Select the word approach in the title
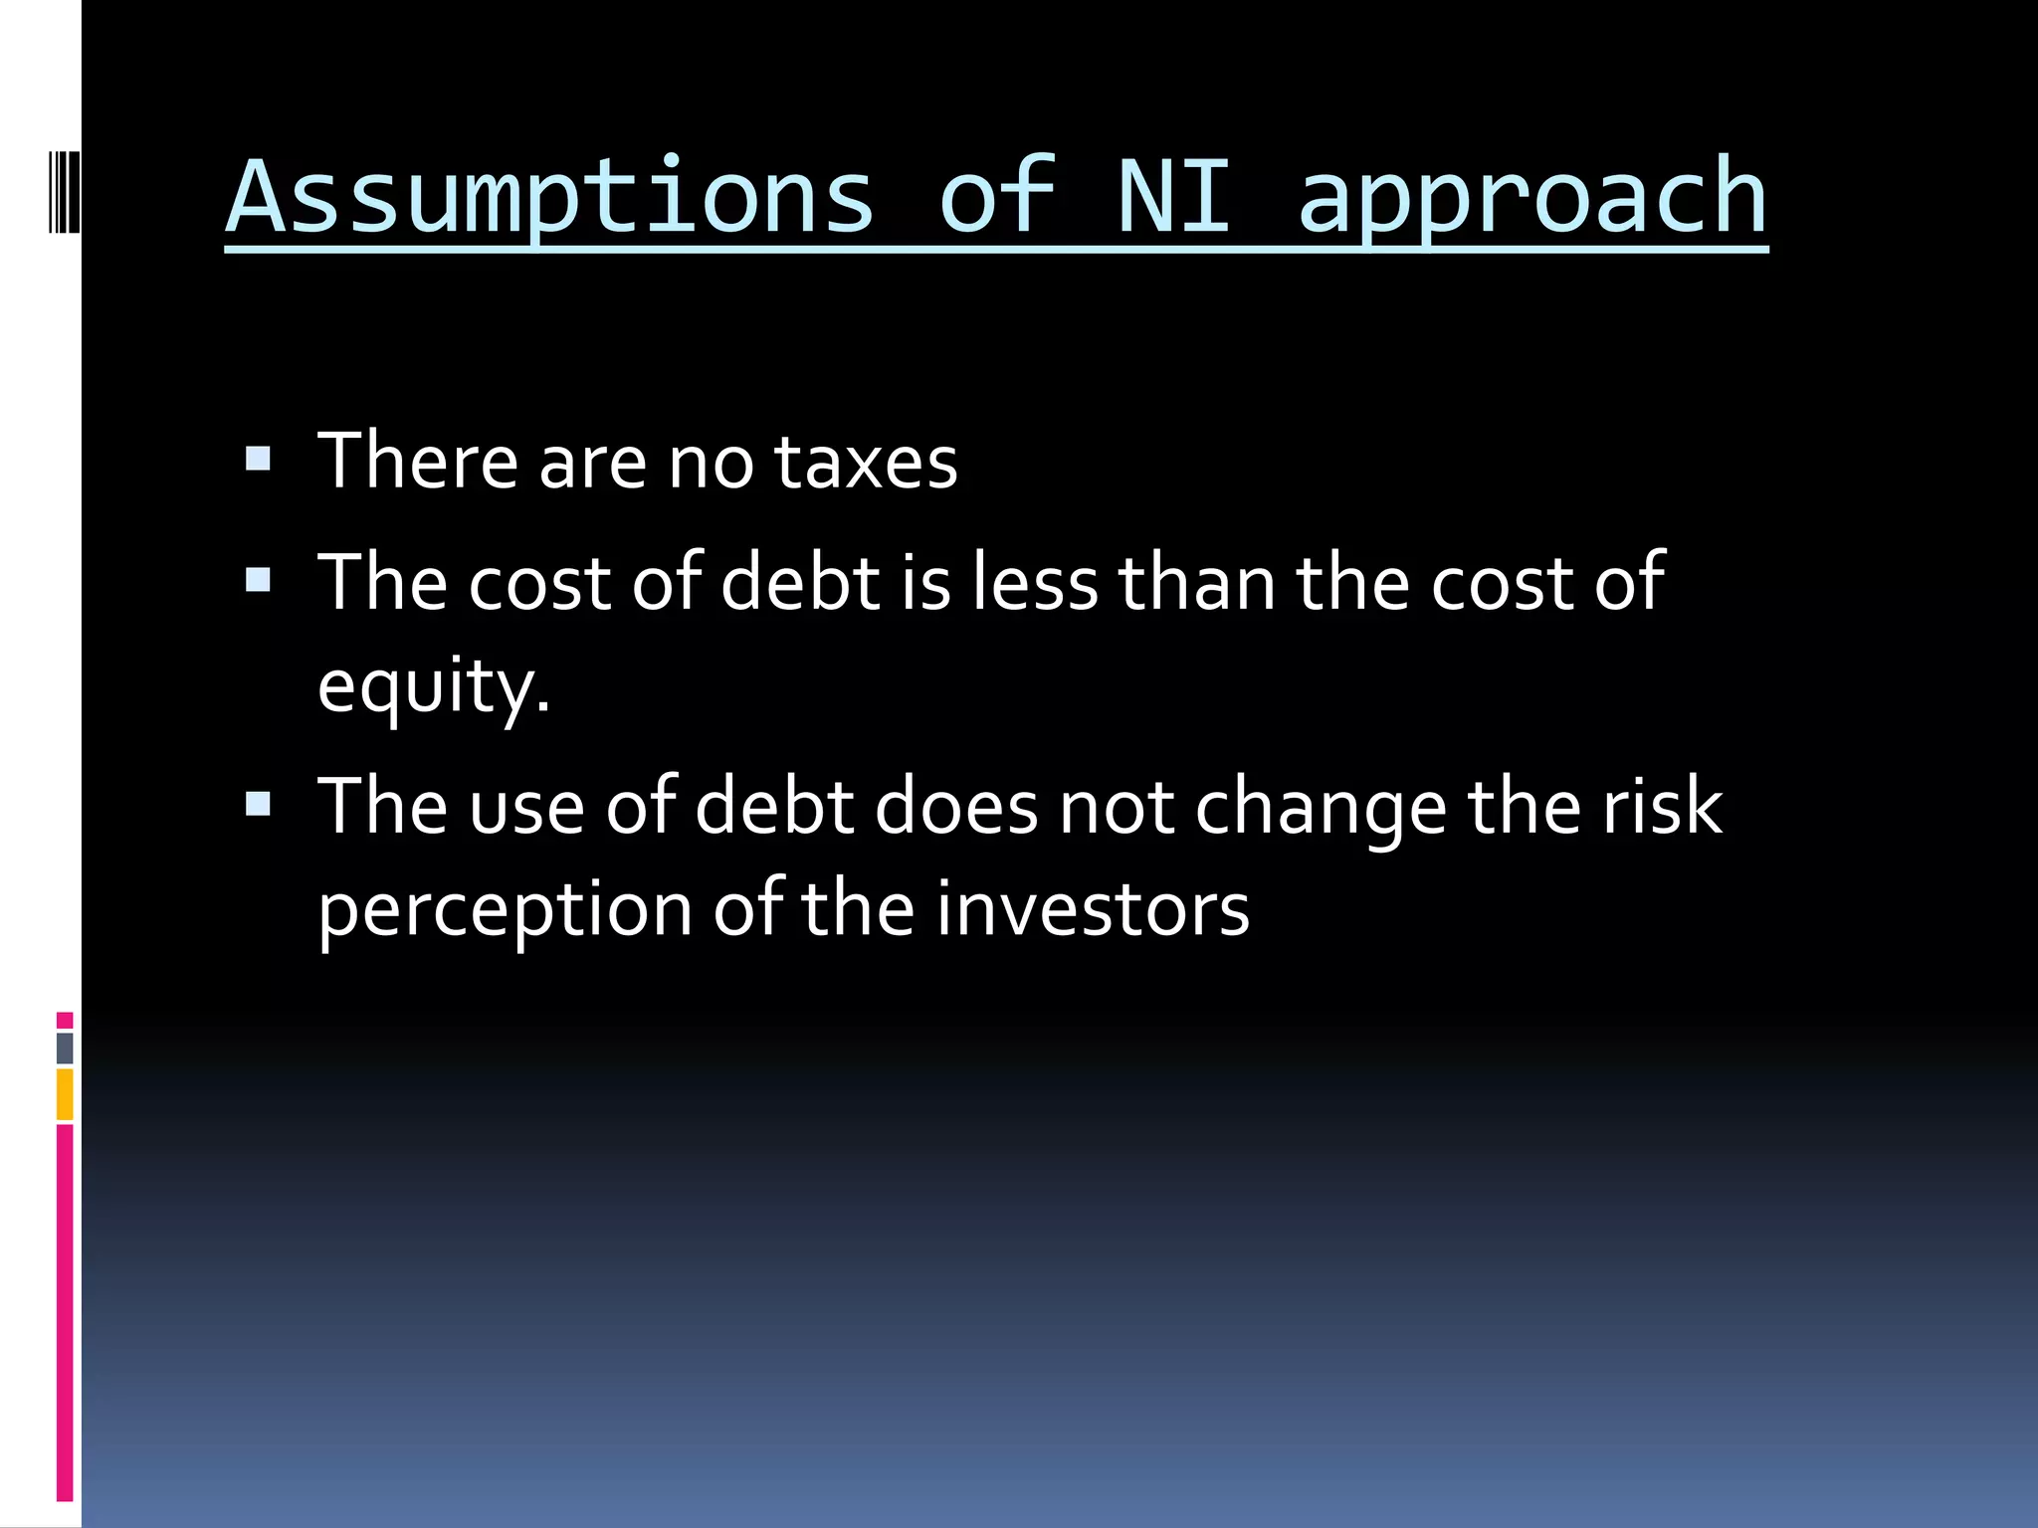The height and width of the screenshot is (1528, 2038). coord(1532,199)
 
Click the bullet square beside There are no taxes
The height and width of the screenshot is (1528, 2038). coord(258,459)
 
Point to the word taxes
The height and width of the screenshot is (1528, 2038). coord(865,463)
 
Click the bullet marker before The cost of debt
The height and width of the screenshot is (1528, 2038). coord(258,580)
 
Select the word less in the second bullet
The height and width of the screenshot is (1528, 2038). coord(1035,582)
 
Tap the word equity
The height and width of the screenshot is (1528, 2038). coord(433,686)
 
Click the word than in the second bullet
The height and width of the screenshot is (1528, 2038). coord(1197,582)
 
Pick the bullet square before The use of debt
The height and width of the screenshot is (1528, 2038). coord(258,803)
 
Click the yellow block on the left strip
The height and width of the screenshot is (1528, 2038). coord(65,1094)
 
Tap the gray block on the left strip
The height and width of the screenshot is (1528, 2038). coord(65,1048)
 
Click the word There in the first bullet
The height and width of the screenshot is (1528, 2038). coord(418,461)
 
